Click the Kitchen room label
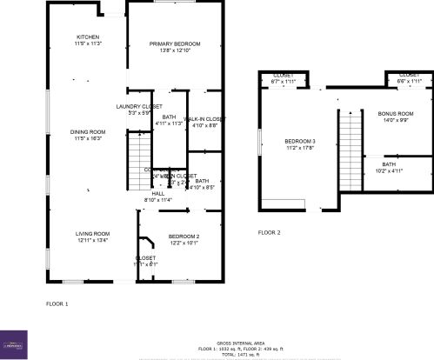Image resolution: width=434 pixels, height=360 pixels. click(x=89, y=37)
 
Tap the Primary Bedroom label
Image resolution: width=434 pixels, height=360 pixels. click(x=175, y=43)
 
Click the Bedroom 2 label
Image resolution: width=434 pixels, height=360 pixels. click(x=184, y=237)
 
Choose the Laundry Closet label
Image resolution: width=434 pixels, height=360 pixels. click(x=134, y=106)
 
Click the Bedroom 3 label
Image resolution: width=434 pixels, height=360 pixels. click(x=300, y=141)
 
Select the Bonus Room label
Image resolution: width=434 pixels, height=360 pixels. click(x=396, y=114)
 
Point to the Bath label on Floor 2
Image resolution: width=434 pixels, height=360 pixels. click(x=389, y=163)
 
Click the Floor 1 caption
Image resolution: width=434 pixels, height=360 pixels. click(x=57, y=303)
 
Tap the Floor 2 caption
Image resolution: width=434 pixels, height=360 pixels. click(x=270, y=233)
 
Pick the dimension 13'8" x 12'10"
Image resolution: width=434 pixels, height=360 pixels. click(x=175, y=50)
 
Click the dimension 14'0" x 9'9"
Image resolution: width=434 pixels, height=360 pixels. click(x=396, y=121)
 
